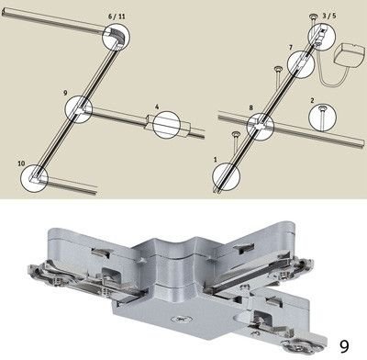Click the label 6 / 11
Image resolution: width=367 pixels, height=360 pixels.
point(117,17)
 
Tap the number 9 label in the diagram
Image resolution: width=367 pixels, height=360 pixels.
point(65,93)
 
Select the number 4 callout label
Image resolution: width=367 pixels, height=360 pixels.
point(157,107)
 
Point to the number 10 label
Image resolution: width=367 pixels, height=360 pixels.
point(21,163)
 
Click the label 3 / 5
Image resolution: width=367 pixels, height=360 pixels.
point(329,16)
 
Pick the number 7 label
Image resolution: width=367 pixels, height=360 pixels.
point(291,48)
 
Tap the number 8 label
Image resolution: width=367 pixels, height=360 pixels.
point(251,107)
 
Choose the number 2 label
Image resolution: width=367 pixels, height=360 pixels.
point(312,100)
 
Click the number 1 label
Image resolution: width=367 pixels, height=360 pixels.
point(216,160)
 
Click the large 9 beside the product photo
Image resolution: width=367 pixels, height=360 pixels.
point(344,346)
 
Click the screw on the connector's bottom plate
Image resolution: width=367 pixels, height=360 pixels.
point(180,320)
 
